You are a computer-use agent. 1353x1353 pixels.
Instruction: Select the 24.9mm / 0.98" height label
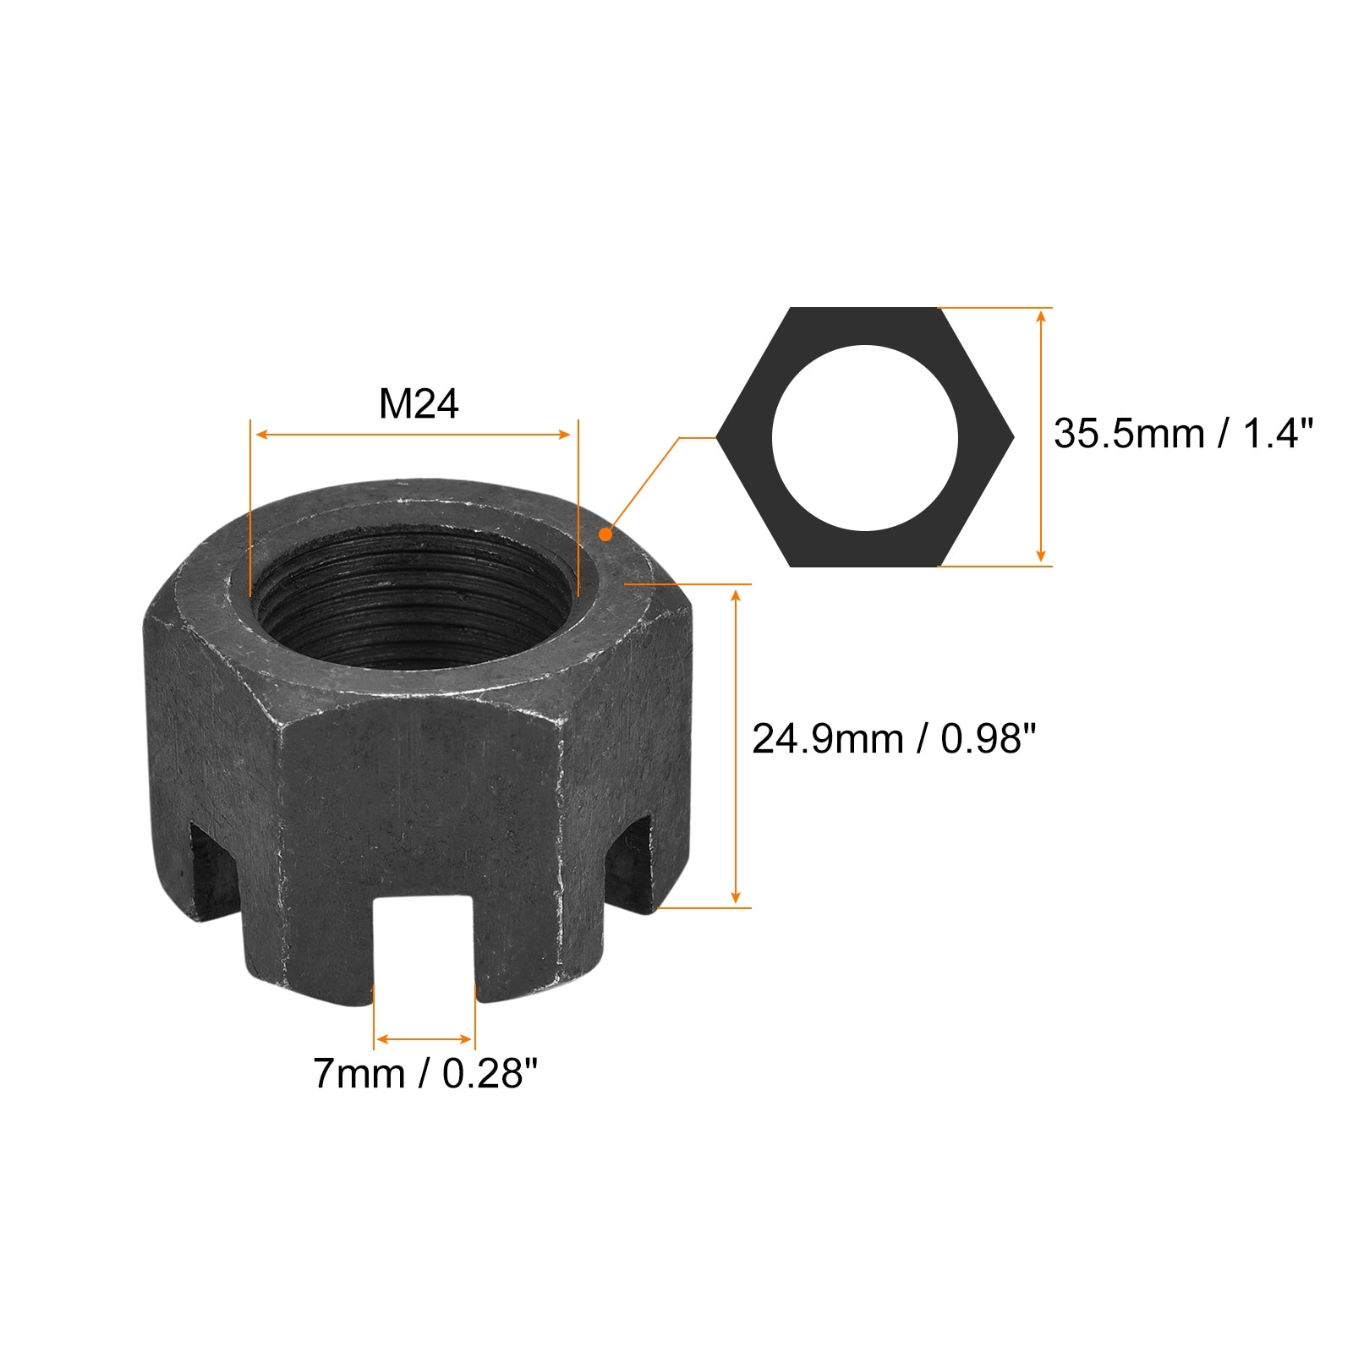(894, 739)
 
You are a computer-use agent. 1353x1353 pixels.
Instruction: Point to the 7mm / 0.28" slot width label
(426, 1073)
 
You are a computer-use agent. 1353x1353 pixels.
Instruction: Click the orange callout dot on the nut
(605, 534)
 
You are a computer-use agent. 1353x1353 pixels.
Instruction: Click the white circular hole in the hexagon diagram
(865, 438)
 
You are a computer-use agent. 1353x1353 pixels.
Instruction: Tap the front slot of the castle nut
(424, 947)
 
